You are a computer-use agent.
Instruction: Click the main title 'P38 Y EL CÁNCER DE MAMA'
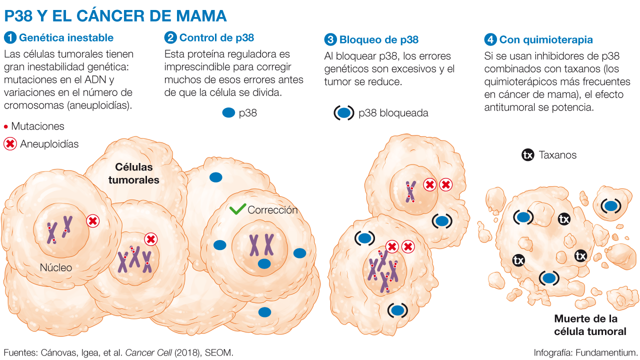(x=115, y=15)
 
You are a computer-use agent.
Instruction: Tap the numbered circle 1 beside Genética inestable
(x=10, y=38)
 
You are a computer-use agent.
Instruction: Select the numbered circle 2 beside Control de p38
(x=170, y=37)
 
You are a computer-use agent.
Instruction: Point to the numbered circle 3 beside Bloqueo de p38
(x=330, y=39)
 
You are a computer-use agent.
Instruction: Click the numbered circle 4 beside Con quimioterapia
(x=490, y=39)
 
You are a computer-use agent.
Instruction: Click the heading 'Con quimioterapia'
(x=546, y=39)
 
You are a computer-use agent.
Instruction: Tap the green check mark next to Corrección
(x=237, y=209)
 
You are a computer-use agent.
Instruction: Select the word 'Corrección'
(x=272, y=210)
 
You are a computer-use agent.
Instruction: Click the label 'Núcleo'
(x=56, y=267)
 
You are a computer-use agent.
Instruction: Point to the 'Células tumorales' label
(x=134, y=173)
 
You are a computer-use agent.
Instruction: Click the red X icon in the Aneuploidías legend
(x=10, y=144)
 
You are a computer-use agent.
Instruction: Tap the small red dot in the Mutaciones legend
(x=6, y=127)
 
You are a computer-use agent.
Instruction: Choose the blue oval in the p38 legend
(x=228, y=113)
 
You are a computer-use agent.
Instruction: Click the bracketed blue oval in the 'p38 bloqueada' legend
(x=344, y=113)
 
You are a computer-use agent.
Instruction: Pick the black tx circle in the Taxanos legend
(x=527, y=155)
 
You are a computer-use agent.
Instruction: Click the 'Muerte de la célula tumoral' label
(x=585, y=325)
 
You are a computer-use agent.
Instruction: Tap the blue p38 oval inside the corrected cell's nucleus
(x=264, y=263)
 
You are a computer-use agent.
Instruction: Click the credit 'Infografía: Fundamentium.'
(x=586, y=352)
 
